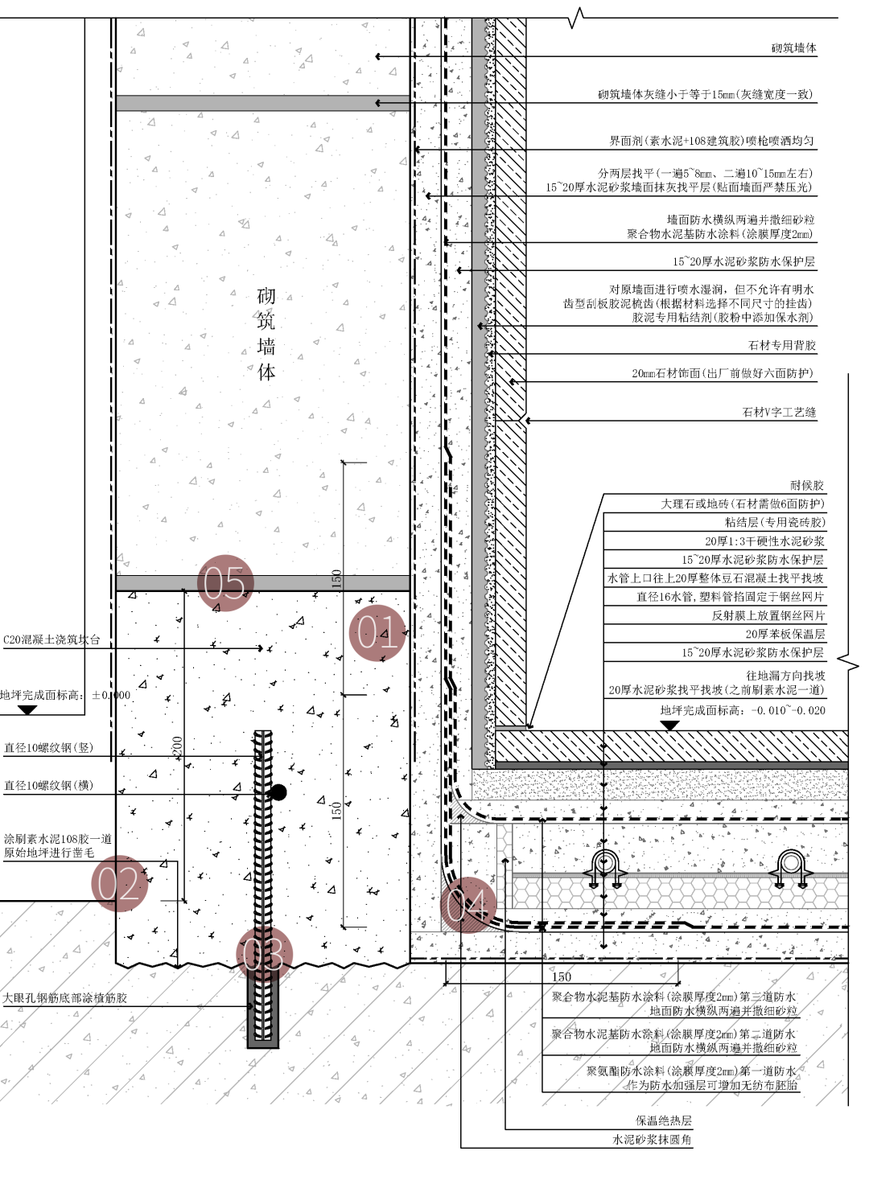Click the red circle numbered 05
[225, 583]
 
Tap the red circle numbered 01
[377, 633]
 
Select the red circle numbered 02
[120, 883]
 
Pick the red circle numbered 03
[264, 955]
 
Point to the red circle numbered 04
[468, 904]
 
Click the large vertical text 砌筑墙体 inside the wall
[266, 334]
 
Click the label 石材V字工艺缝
[778, 412]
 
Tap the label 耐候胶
[806, 485]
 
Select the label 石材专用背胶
[781, 345]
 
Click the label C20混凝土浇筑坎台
[52, 639]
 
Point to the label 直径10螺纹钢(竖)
[49, 747]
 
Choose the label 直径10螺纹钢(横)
[49, 785]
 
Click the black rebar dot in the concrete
[278, 792]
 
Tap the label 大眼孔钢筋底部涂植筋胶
[65, 997]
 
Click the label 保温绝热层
[663, 1120]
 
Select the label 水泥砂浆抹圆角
[652, 1139]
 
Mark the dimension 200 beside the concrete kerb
[178, 746]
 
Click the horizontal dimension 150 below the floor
[562, 976]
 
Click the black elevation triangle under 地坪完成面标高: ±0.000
[27, 709]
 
